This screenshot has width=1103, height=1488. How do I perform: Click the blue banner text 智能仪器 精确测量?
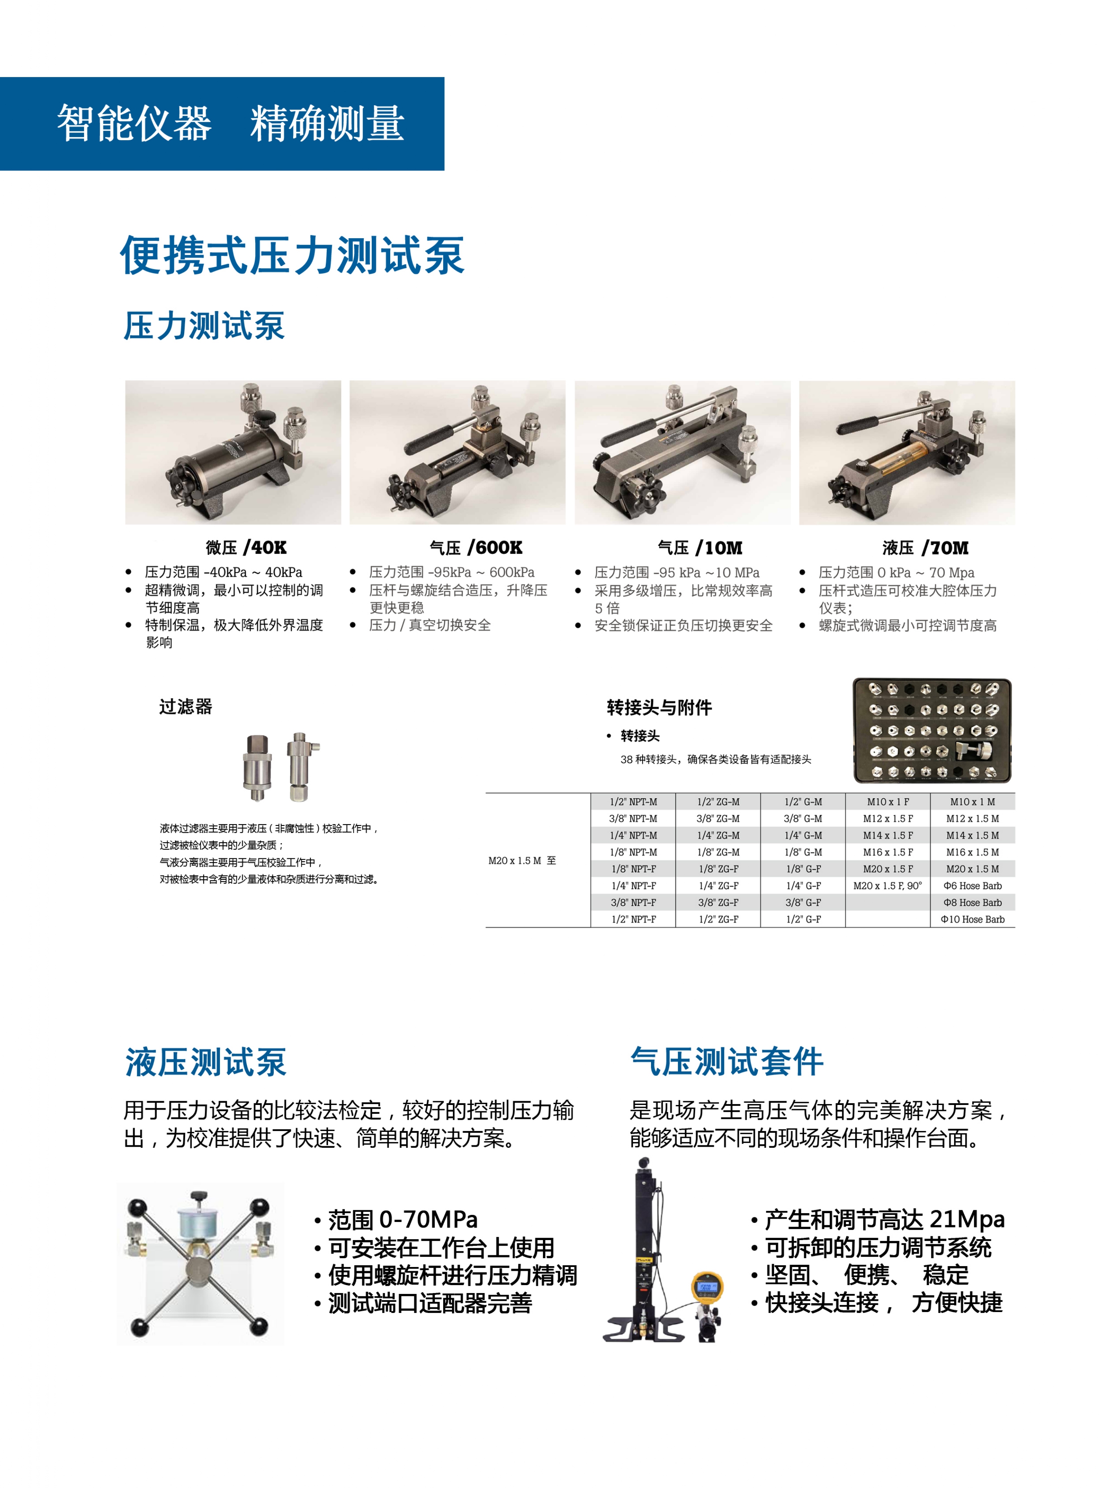click(x=230, y=124)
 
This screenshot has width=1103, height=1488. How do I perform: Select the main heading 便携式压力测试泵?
click(x=292, y=255)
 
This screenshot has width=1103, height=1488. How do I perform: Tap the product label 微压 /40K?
click(x=246, y=548)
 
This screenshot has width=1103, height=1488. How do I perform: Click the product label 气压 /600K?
click(x=475, y=548)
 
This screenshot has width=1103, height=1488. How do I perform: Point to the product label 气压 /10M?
click(x=700, y=548)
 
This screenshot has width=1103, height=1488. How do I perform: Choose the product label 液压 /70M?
click(x=925, y=548)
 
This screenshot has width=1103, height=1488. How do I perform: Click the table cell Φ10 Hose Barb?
click(x=972, y=919)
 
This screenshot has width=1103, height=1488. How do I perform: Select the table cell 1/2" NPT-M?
click(x=633, y=802)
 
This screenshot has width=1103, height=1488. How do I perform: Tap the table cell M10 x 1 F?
click(x=887, y=802)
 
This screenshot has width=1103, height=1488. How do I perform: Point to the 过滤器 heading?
click(x=185, y=706)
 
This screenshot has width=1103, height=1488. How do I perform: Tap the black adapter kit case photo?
click(x=932, y=730)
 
